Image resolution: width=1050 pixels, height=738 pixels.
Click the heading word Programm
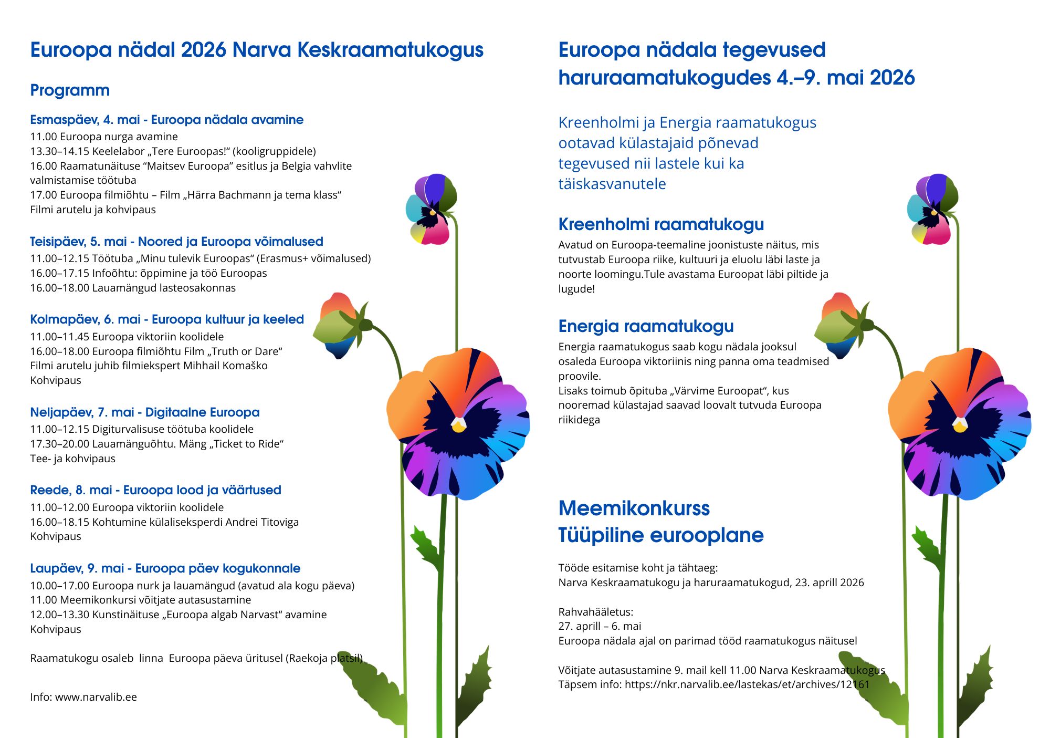(x=70, y=90)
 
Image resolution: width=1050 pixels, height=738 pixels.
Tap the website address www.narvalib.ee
(x=96, y=697)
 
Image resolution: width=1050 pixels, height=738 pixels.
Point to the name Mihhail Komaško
(x=225, y=366)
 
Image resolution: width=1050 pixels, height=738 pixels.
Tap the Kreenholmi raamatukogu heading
(x=660, y=224)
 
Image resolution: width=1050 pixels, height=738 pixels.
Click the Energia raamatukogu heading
(x=646, y=326)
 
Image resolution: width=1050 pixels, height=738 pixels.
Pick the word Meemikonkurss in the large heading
(x=634, y=508)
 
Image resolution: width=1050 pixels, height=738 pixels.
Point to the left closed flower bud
(x=339, y=326)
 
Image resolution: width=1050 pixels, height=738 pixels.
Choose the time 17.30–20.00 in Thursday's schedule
(x=59, y=444)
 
